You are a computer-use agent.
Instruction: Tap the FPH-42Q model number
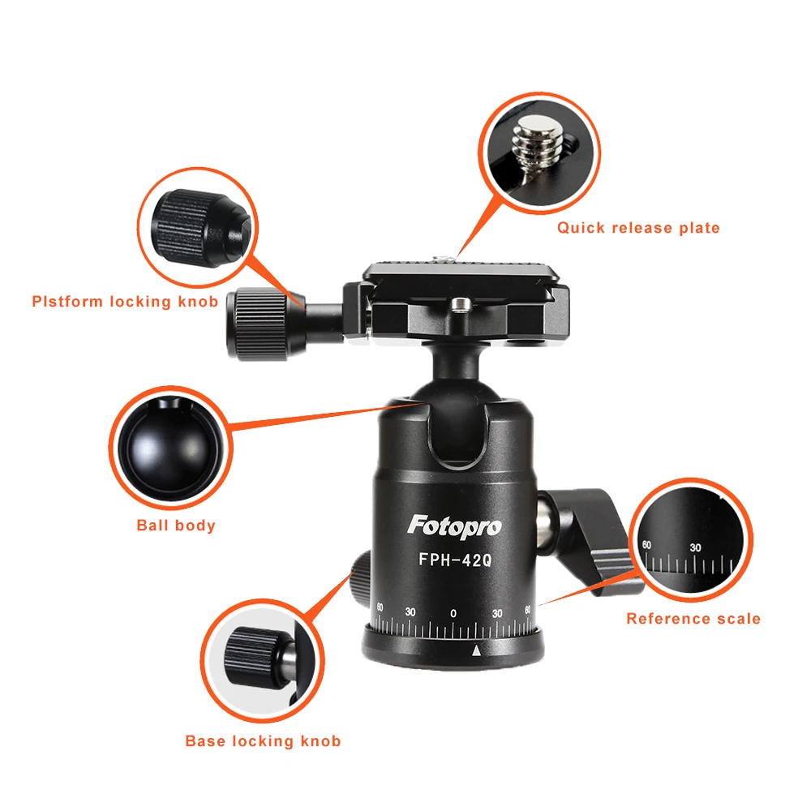(454, 559)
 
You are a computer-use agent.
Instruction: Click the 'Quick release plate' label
(638, 228)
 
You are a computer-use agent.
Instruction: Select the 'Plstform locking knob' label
(125, 302)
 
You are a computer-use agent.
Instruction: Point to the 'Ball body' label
(176, 526)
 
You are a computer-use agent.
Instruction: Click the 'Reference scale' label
(693, 619)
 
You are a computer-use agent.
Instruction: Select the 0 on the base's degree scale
(453, 612)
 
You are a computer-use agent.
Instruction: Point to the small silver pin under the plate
(461, 304)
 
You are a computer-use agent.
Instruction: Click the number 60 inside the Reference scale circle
(646, 545)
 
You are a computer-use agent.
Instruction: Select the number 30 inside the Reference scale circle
(695, 548)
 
